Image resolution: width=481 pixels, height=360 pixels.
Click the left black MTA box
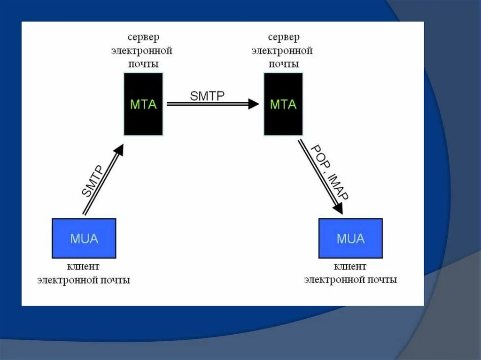143,104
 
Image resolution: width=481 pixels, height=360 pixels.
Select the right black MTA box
283,104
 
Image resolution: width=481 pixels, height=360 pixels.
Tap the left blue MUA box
84,238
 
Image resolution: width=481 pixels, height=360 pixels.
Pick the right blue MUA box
350,238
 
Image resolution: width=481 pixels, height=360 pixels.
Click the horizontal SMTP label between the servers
207,96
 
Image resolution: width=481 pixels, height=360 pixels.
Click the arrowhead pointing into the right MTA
254,104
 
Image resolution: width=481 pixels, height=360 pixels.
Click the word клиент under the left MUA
84,267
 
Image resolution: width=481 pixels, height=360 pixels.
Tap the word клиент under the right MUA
350,267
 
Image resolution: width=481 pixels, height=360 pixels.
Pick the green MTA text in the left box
143,104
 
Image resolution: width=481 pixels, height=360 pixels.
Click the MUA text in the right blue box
350,238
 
